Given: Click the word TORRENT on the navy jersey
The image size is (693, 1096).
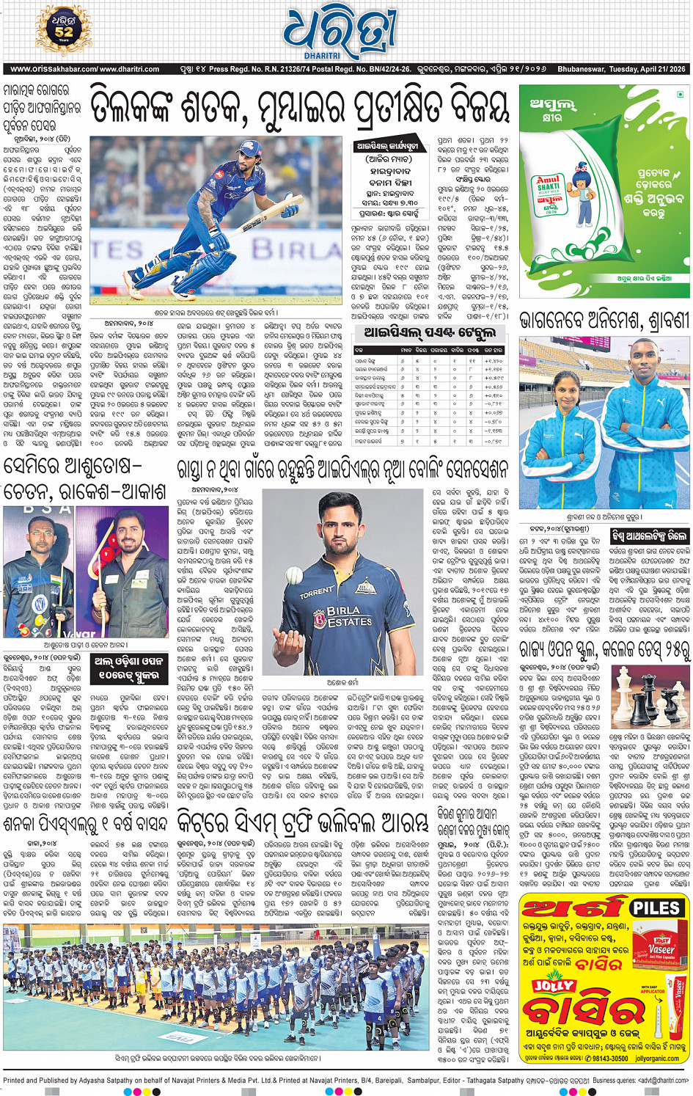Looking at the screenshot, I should point(316,592).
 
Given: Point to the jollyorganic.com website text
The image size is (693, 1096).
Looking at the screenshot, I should point(653,1059).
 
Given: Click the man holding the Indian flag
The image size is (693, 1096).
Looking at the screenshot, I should point(37,571).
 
